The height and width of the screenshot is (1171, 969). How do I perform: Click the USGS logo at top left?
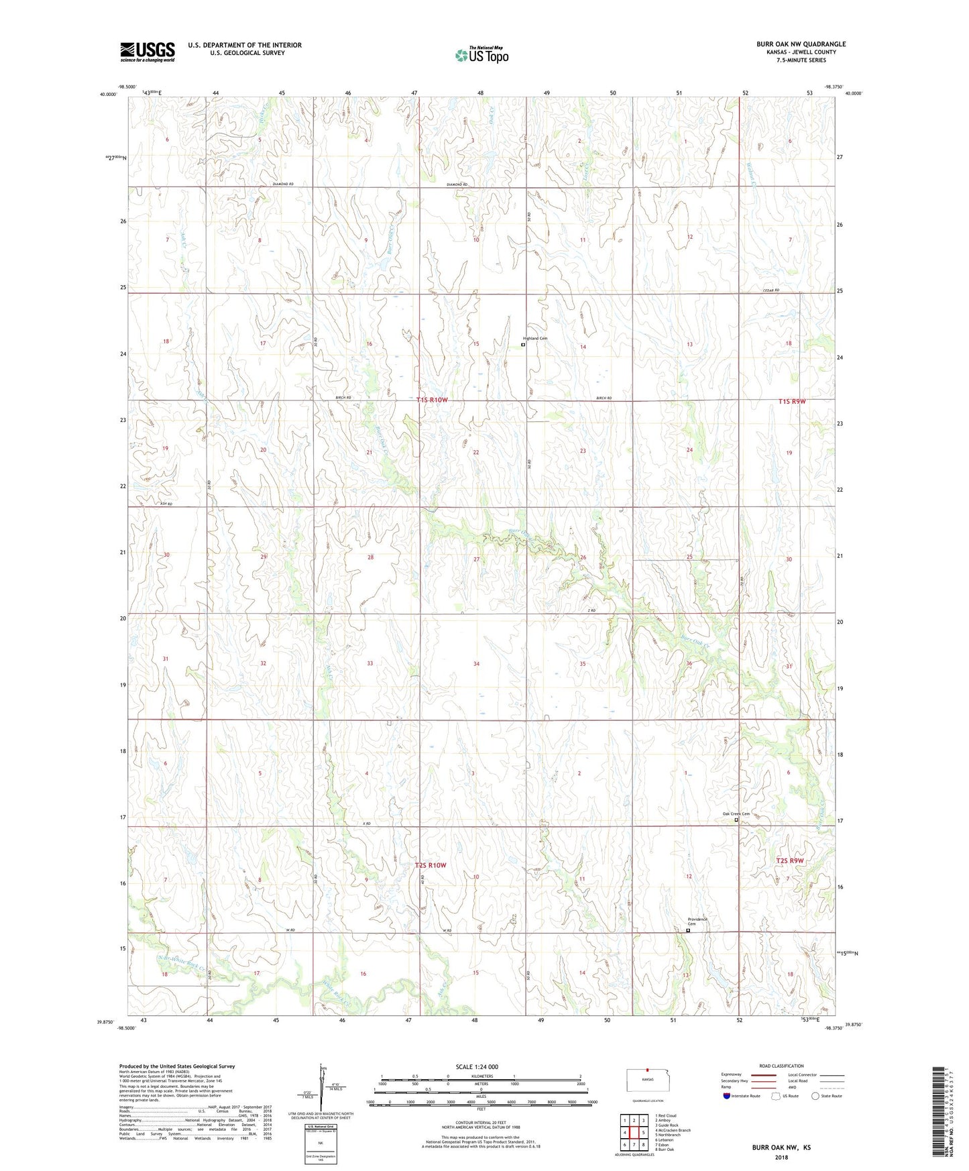148,52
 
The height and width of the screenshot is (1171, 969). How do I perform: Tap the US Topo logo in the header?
481,55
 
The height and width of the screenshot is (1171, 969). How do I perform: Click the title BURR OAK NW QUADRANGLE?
801,44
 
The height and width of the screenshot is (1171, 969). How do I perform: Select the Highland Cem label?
536,339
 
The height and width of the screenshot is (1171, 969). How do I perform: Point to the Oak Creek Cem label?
736,814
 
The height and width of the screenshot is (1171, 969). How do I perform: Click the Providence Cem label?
697,922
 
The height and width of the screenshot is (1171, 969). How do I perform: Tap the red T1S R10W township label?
431,400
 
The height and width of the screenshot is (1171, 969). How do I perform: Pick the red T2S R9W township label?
790,860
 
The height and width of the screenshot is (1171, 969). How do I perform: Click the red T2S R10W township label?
431,865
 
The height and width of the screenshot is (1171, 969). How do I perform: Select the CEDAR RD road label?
771,290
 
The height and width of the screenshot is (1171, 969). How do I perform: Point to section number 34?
476,664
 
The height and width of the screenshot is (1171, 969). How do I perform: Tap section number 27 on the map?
476,559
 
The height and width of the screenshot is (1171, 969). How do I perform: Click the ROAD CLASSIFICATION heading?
782,1066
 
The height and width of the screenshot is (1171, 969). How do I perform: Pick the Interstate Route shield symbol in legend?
727,1096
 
